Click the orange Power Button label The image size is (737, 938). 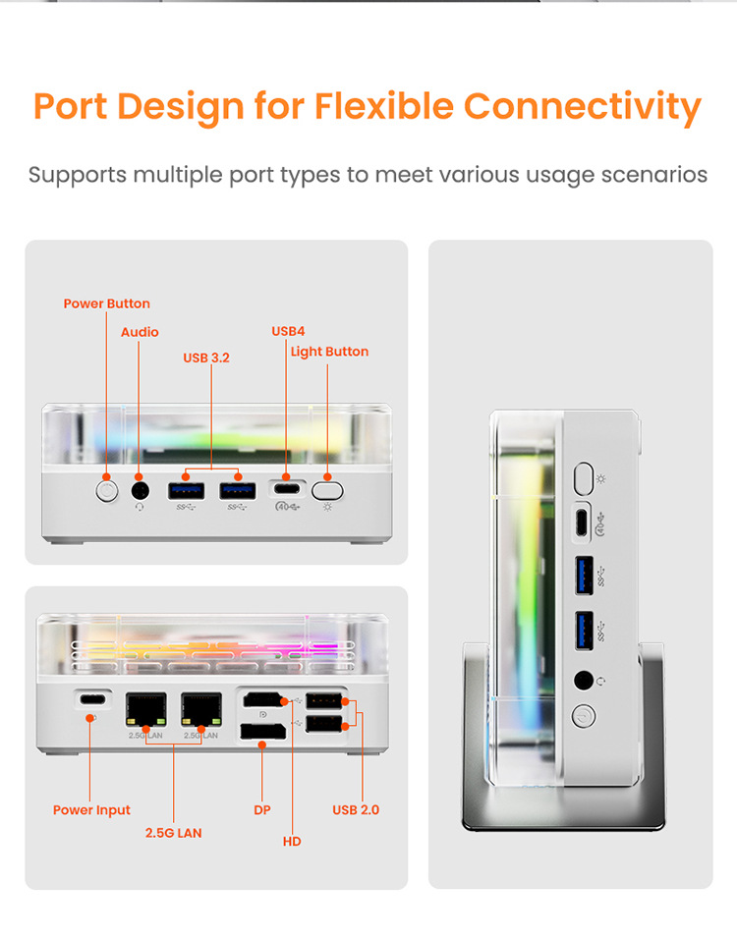[106, 303]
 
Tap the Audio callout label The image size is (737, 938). [140, 332]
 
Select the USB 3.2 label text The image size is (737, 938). [206, 358]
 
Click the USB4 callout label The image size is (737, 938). [288, 331]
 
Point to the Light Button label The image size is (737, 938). [329, 352]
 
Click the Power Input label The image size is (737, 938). [91, 810]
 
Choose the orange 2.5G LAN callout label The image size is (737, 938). [174, 833]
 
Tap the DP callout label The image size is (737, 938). [262, 810]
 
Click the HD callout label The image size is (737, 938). [292, 842]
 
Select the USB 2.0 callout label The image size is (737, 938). [356, 810]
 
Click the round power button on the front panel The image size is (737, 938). [106, 491]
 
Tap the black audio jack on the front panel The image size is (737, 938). [141, 491]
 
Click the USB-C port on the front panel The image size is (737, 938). [287, 489]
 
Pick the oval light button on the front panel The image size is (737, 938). [327, 490]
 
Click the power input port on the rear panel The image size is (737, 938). [92, 699]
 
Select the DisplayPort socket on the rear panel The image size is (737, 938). [262, 732]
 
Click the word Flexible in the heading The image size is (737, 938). [384, 106]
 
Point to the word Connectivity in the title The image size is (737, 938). [582, 108]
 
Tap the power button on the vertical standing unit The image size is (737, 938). [583, 716]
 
